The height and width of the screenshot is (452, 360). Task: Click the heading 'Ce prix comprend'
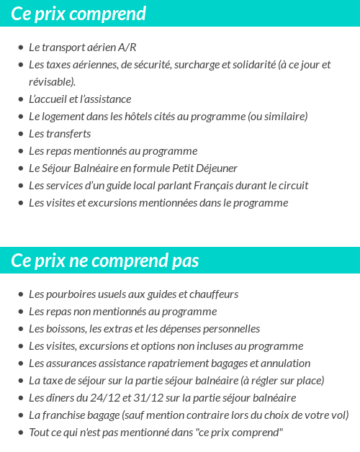tap(78, 14)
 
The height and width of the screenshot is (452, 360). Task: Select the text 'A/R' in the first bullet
tap(127, 48)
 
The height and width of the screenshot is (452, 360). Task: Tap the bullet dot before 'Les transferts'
tap(21, 134)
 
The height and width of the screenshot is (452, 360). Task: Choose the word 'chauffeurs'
tap(212, 294)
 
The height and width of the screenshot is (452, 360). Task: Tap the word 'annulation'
tap(286, 363)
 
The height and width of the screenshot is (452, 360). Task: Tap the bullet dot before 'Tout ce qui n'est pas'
tap(21, 433)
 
